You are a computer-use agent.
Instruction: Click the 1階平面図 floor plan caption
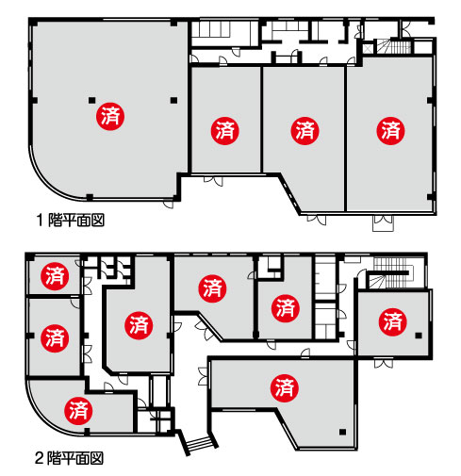(71, 220)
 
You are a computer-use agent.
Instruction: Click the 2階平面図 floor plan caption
(69, 458)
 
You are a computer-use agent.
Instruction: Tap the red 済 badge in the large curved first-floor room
(110, 116)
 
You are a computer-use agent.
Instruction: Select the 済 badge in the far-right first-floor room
(390, 131)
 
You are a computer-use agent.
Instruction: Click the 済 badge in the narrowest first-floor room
(225, 131)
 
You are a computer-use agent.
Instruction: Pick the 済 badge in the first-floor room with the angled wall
(305, 131)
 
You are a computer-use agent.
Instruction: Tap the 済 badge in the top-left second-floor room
(55, 276)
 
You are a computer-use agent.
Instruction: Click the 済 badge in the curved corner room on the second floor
(78, 411)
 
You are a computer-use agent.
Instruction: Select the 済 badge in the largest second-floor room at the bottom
(285, 387)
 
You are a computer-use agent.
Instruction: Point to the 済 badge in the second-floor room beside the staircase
(393, 321)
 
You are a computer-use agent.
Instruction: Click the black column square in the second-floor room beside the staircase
(419, 336)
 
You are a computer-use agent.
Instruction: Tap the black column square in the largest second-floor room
(342, 432)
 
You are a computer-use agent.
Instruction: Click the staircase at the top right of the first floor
(394, 46)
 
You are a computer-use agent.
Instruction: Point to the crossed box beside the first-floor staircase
(368, 49)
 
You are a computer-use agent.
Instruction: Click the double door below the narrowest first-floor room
(213, 181)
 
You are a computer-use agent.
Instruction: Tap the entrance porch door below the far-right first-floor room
(383, 223)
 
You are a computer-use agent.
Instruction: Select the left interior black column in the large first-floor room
(91, 101)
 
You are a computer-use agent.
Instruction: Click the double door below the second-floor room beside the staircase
(384, 364)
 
